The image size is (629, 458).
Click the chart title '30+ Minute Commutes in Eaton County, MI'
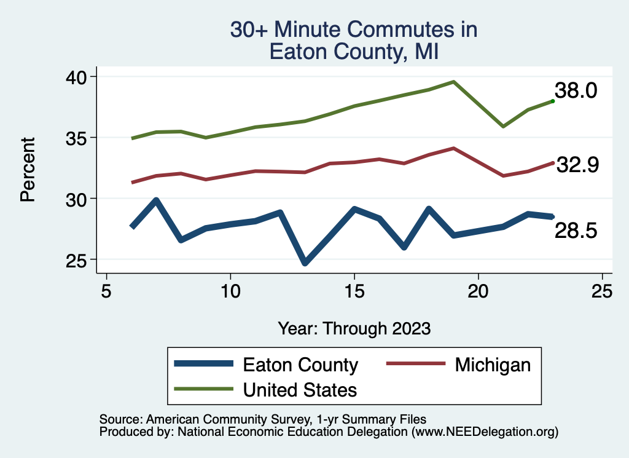353,40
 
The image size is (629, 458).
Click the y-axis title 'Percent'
28,170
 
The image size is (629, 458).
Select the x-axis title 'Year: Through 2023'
354,328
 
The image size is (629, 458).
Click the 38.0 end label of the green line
576,91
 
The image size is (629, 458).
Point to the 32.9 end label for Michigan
577,165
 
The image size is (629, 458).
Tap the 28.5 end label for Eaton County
576,231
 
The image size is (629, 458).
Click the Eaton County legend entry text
300,365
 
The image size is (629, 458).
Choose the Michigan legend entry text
493,365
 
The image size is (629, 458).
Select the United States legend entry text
300,389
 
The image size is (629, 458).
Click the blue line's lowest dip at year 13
305,263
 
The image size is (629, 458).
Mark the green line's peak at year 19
453,82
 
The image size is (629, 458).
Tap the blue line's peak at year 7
156,200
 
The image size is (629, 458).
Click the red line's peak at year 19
453,148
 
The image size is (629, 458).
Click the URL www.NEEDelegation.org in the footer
484,432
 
